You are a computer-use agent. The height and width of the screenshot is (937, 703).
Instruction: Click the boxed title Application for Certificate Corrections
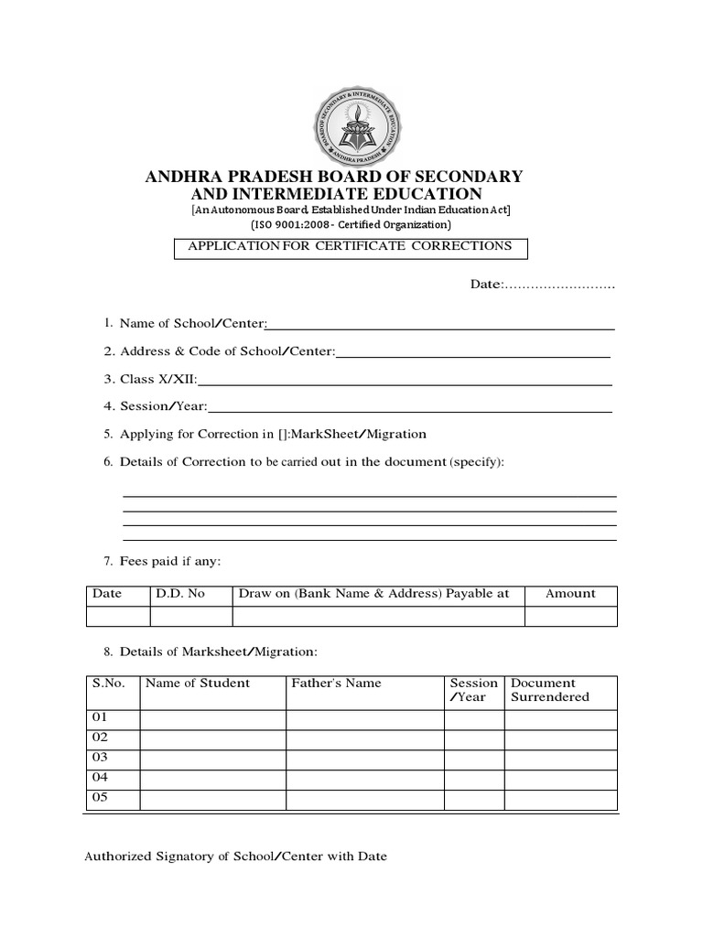(351, 246)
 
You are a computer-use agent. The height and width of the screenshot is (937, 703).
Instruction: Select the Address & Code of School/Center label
(228, 351)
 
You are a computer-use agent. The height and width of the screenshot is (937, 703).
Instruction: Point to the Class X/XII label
(157, 379)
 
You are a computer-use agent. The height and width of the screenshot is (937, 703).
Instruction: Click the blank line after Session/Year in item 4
(410, 407)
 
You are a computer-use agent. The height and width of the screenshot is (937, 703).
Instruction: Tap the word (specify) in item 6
(476, 461)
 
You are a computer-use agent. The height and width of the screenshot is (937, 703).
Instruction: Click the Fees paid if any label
(170, 560)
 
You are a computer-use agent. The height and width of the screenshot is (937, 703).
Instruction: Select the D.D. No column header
(180, 594)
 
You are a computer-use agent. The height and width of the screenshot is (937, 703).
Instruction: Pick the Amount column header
(570, 594)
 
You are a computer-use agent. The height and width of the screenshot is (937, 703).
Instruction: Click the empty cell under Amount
(570, 617)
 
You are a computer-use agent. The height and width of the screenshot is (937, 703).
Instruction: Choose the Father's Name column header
(336, 684)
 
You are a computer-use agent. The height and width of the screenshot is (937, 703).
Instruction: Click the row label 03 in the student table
(100, 758)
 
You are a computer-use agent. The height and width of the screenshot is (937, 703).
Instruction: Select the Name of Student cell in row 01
(212, 718)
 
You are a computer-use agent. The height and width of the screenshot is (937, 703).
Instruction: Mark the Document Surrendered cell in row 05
(560, 799)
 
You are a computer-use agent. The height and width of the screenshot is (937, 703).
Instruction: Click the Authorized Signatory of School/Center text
(235, 857)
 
